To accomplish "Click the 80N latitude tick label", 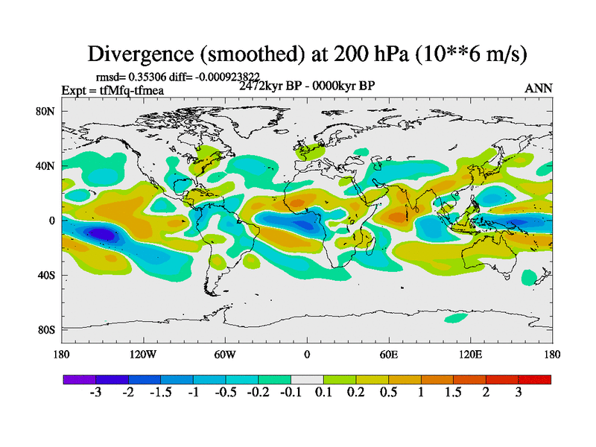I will click(x=48, y=111).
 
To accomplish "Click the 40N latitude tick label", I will click(x=48, y=165).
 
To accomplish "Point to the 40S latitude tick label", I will click(x=48, y=275).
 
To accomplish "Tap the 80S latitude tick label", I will click(x=48, y=329).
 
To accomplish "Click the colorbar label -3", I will click(x=95, y=393).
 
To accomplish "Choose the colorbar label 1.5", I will click(x=452, y=393).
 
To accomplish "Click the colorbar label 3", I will click(x=518, y=393).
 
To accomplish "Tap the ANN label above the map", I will click(x=539, y=88).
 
